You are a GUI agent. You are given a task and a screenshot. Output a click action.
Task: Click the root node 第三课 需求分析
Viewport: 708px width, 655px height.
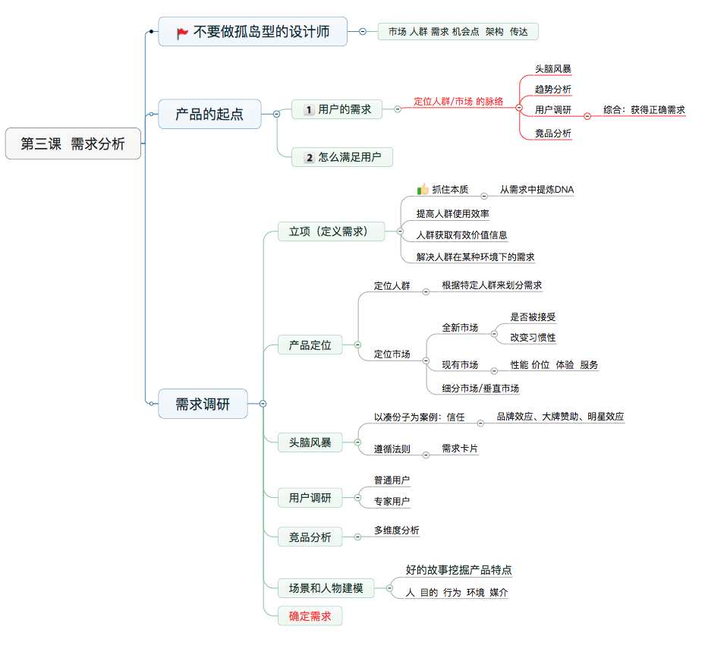coord(73,144)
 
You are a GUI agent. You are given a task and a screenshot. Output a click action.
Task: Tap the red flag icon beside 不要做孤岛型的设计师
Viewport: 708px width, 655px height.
coord(182,33)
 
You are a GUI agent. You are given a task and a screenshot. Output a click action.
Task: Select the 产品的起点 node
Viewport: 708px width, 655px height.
coord(209,115)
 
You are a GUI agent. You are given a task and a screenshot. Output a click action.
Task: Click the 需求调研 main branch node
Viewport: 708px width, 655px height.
coord(203,404)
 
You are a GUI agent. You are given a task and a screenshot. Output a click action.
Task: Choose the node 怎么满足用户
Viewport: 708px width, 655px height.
coord(342,158)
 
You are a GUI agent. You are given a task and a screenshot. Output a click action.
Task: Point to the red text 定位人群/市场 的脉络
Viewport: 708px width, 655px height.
coord(458,101)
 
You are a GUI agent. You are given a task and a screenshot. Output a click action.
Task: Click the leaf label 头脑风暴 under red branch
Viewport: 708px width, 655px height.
coord(552,69)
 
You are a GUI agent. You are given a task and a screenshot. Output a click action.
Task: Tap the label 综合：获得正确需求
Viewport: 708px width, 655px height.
coord(644,110)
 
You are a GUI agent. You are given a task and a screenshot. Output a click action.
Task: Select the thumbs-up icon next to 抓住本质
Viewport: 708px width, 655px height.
coord(423,190)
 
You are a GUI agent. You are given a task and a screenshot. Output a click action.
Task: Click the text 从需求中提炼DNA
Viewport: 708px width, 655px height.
coord(537,190)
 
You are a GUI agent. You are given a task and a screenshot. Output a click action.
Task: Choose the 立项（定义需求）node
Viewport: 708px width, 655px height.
coord(328,231)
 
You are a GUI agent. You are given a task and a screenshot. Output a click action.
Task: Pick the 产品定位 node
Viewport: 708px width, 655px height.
coord(310,345)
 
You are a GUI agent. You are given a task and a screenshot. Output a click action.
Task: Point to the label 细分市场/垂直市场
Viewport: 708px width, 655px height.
coord(480,389)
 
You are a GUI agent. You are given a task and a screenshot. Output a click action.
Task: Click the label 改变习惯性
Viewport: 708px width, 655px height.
coord(533,338)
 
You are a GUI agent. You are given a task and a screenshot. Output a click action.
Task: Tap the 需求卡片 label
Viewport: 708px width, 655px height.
coord(460,449)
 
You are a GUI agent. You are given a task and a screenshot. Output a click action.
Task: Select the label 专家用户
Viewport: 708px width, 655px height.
coord(392,501)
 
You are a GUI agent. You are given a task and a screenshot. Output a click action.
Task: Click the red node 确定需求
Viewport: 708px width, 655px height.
coord(310,616)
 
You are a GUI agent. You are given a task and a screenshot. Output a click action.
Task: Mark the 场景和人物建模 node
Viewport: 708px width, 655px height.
coord(326,587)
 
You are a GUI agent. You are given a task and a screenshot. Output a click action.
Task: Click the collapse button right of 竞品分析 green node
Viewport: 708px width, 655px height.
coord(357,537)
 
